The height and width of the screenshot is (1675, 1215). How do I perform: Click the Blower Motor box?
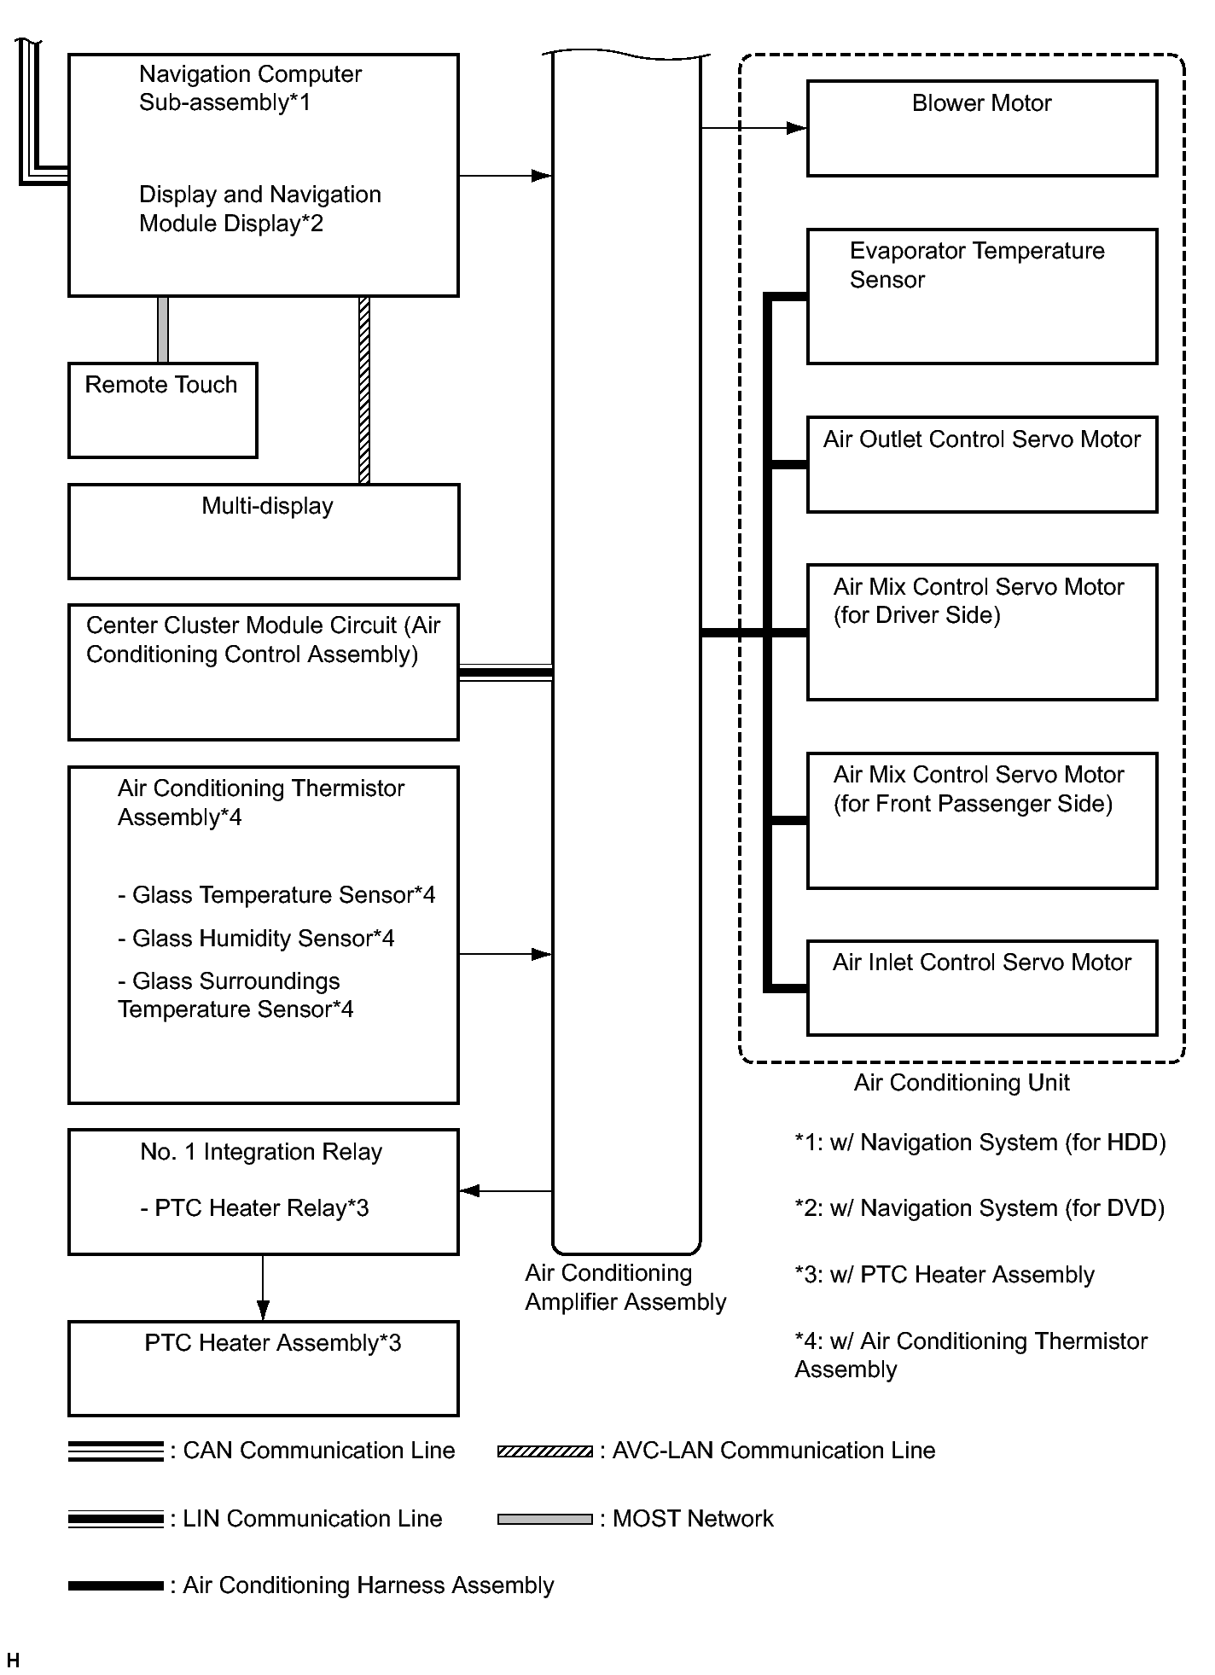coord(981,128)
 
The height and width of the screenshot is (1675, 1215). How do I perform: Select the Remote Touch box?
coord(162,410)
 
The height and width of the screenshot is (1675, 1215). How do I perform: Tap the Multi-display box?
coord(264,531)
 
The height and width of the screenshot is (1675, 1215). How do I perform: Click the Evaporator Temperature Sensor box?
coord(981,296)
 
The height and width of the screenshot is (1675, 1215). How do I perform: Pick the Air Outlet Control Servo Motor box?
coord(981,464)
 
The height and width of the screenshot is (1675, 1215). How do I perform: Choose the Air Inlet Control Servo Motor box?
coord(981,987)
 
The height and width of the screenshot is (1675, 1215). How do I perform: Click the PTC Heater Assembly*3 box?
coord(263,1368)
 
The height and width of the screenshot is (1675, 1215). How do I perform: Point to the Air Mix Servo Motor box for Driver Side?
coord(981,631)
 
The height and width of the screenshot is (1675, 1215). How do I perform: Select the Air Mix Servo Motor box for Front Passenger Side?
coord(981,820)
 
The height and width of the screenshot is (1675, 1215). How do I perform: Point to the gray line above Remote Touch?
coord(163,329)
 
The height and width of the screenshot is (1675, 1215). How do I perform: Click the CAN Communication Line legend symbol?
coord(115,1451)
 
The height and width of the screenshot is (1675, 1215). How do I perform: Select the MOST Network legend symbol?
coord(544,1519)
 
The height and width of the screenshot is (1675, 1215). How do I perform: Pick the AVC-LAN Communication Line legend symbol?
coord(544,1451)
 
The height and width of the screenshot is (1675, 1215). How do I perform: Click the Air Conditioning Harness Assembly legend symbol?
coord(115,1585)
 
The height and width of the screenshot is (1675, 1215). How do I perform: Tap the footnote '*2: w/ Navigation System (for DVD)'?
coord(980,1208)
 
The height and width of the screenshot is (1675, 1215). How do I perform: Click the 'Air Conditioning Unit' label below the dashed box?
coord(962,1083)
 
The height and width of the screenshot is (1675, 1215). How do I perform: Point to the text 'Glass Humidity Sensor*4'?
coord(256,939)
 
